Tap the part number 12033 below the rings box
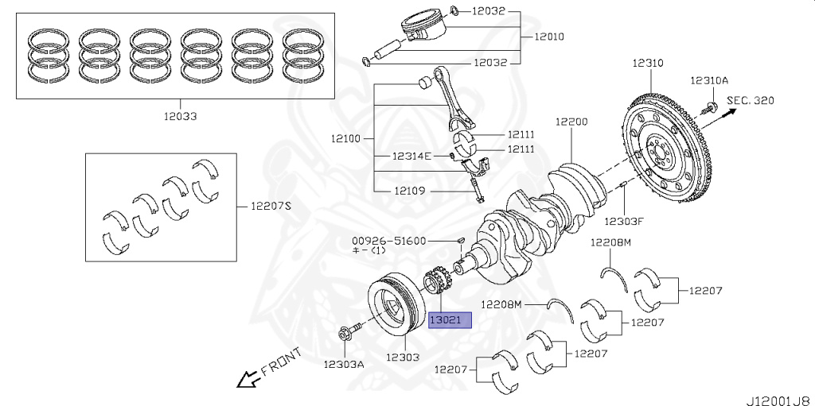tap(179, 116)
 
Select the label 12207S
tap(271, 207)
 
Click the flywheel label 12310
tap(649, 63)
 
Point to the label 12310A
tap(708, 80)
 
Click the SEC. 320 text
tap(751, 100)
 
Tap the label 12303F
tap(623, 221)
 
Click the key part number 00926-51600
tap(390, 241)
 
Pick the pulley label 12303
tap(403, 358)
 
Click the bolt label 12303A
tap(343, 365)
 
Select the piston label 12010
tap(549, 37)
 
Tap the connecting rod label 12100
tap(346, 139)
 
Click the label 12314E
tap(411, 156)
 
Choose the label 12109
tap(410, 191)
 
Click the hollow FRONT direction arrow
tap(248, 378)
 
